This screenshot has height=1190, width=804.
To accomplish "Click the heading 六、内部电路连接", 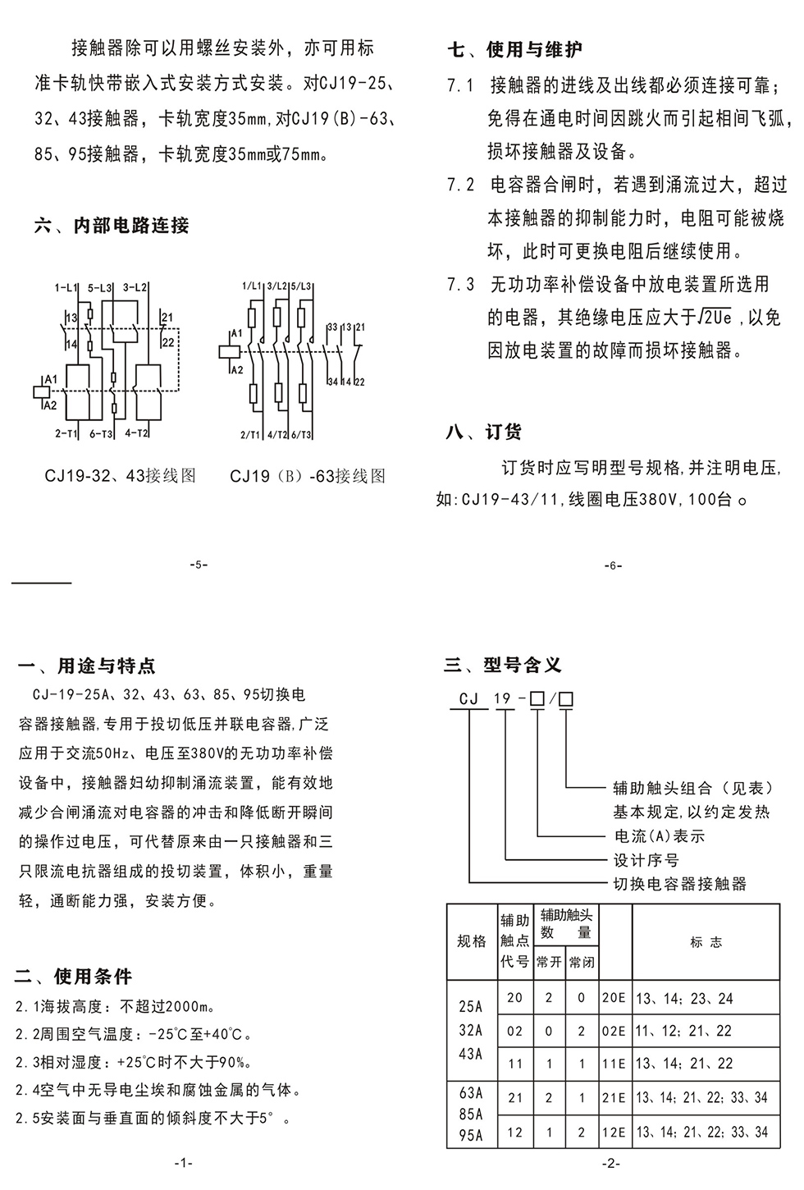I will click(x=112, y=226).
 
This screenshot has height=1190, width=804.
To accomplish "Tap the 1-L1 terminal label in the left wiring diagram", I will click(x=66, y=288).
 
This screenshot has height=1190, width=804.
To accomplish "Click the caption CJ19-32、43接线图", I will click(x=121, y=476).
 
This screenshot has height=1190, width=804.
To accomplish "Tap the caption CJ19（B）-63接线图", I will click(x=308, y=476).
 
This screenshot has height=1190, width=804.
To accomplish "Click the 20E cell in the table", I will click(x=614, y=999).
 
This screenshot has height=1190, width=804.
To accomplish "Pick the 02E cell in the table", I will click(x=614, y=1031).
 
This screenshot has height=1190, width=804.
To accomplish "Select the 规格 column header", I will click(x=472, y=941).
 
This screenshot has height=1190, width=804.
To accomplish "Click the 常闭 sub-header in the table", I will click(x=582, y=962).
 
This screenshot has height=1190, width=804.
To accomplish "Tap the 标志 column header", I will click(x=706, y=942).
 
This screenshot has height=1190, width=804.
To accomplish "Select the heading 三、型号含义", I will click(x=503, y=665).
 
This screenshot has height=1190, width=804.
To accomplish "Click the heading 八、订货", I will click(x=483, y=433).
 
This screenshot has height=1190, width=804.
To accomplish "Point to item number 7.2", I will click(x=461, y=185).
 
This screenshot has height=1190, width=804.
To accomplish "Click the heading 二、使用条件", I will click(x=73, y=977).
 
